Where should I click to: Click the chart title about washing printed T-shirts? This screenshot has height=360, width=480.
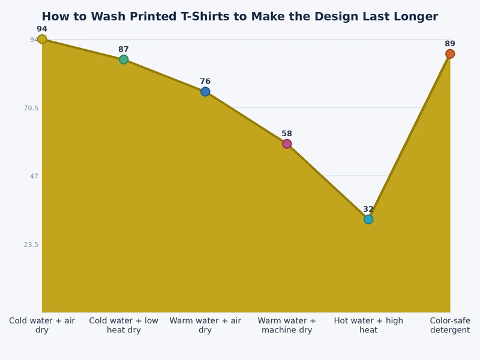coord(240,17)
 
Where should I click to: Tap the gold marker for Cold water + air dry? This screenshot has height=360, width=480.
coord(42,39)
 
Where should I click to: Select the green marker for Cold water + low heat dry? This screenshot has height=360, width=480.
coord(124,59)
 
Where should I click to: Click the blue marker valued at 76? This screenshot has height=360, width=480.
coord(205,91)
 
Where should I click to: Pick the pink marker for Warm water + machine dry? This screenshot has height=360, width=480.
coord(287,143)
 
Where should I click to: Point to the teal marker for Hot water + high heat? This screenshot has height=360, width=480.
coord(368,219)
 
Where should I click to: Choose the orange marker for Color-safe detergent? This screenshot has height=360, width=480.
coord(450,54)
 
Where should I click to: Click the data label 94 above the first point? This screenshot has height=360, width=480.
coord(42,29)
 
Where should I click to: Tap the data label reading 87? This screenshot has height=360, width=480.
coord(124,49)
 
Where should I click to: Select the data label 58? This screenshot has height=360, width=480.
coord(287,134)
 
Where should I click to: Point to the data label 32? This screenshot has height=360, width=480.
coord(368,209)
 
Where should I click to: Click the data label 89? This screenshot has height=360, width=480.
coord(450,44)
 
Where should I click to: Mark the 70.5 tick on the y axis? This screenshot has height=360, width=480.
coord(30,108)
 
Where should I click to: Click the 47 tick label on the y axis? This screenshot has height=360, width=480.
coord(34,176)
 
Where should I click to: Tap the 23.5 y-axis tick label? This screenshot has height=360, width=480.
coord(30,244)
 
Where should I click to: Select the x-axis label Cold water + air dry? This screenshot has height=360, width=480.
coord(42,325)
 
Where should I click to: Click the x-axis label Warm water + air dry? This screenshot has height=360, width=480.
coord(205,325)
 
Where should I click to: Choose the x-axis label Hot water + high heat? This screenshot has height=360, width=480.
coord(368,325)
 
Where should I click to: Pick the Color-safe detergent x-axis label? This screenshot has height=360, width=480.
coord(450,325)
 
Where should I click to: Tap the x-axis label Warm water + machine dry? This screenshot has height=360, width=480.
coord(287,325)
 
